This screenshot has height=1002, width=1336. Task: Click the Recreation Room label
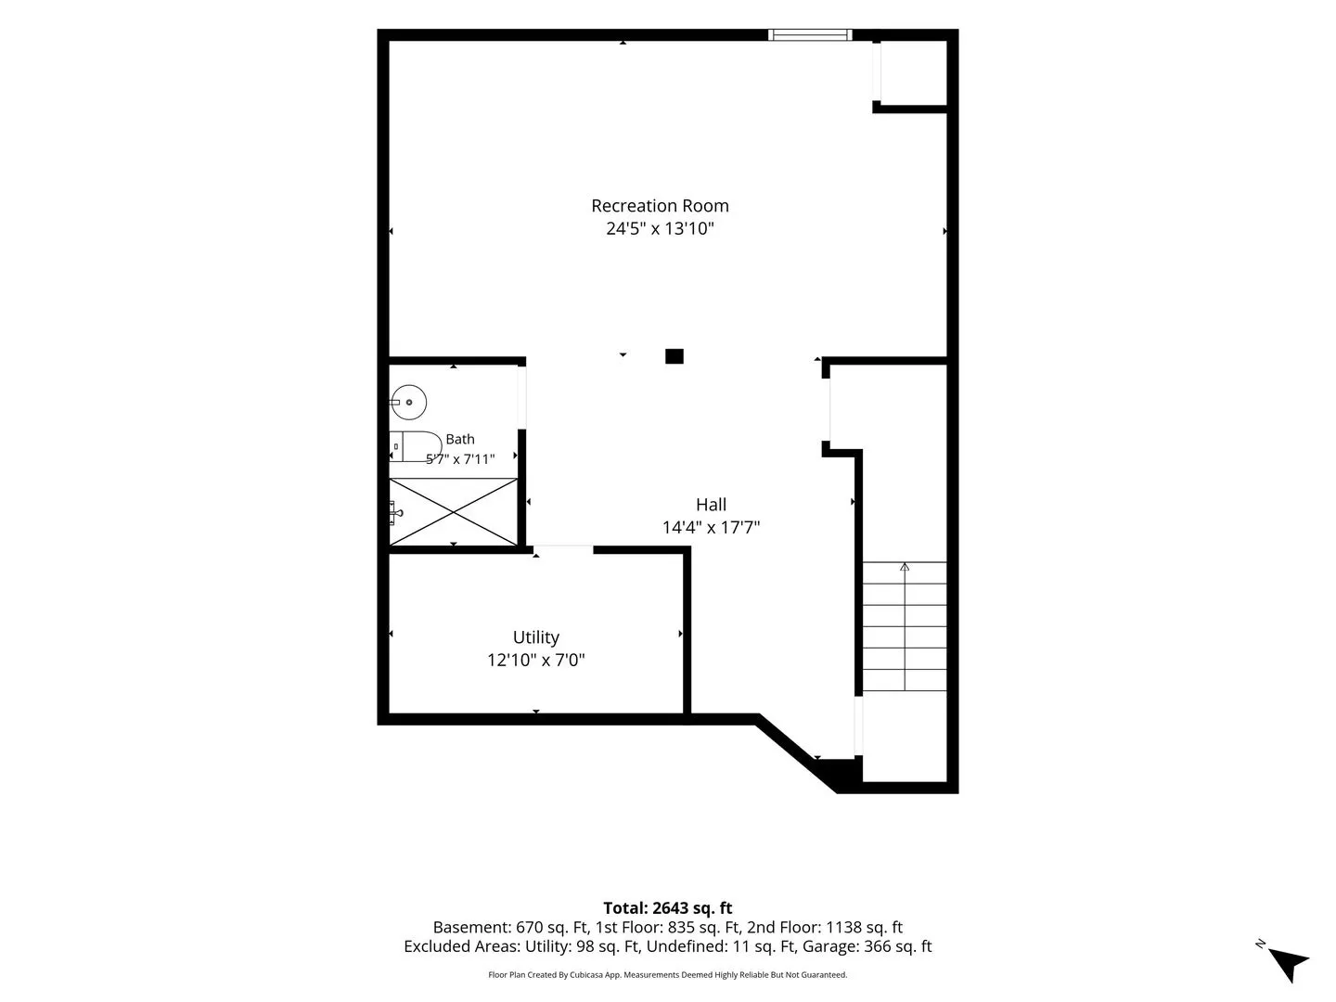tap(660, 206)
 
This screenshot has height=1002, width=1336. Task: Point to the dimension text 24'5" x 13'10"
tap(660, 228)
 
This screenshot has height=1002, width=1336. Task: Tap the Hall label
tap(711, 505)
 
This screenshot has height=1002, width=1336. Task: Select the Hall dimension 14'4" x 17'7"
tap(711, 527)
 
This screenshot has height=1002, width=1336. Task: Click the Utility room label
tap(535, 637)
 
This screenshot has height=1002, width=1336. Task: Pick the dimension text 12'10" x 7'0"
tap(535, 660)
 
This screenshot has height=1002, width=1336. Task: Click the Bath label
tap(460, 439)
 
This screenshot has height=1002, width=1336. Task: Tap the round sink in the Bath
tap(408, 402)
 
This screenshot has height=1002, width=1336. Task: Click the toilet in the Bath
tap(416, 446)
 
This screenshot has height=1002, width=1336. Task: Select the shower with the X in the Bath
tap(454, 511)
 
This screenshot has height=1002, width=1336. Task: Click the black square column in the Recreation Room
tap(674, 356)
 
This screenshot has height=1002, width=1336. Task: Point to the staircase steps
tap(905, 626)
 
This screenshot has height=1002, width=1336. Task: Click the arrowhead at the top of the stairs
tap(905, 567)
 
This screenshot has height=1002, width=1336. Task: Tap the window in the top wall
tap(810, 34)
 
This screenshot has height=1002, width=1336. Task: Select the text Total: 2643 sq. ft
tap(668, 907)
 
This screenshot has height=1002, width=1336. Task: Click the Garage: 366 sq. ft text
tap(867, 946)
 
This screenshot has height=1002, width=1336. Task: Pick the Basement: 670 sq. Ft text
tap(510, 927)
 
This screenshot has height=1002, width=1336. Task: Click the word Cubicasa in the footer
tap(586, 974)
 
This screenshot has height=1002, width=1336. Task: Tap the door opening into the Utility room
tap(563, 550)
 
